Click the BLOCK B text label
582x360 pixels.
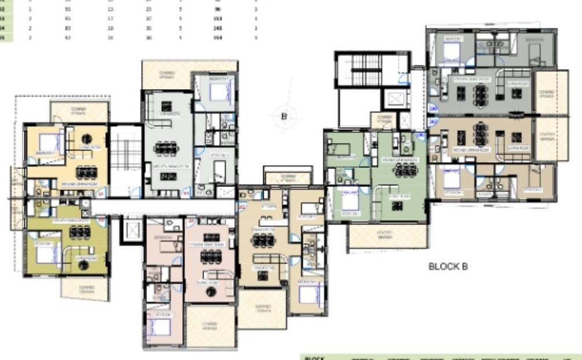(x=447, y=267)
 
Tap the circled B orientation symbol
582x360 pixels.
(x=284, y=116)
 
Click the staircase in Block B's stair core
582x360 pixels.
(x=364, y=71)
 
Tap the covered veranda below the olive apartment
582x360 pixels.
(x=85, y=289)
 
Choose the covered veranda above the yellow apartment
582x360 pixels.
(x=79, y=111)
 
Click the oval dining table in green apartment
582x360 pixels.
(x=404, y=170)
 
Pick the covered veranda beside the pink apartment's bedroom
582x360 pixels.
(x=211, y=325)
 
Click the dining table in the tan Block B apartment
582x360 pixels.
(x=480, y=134)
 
